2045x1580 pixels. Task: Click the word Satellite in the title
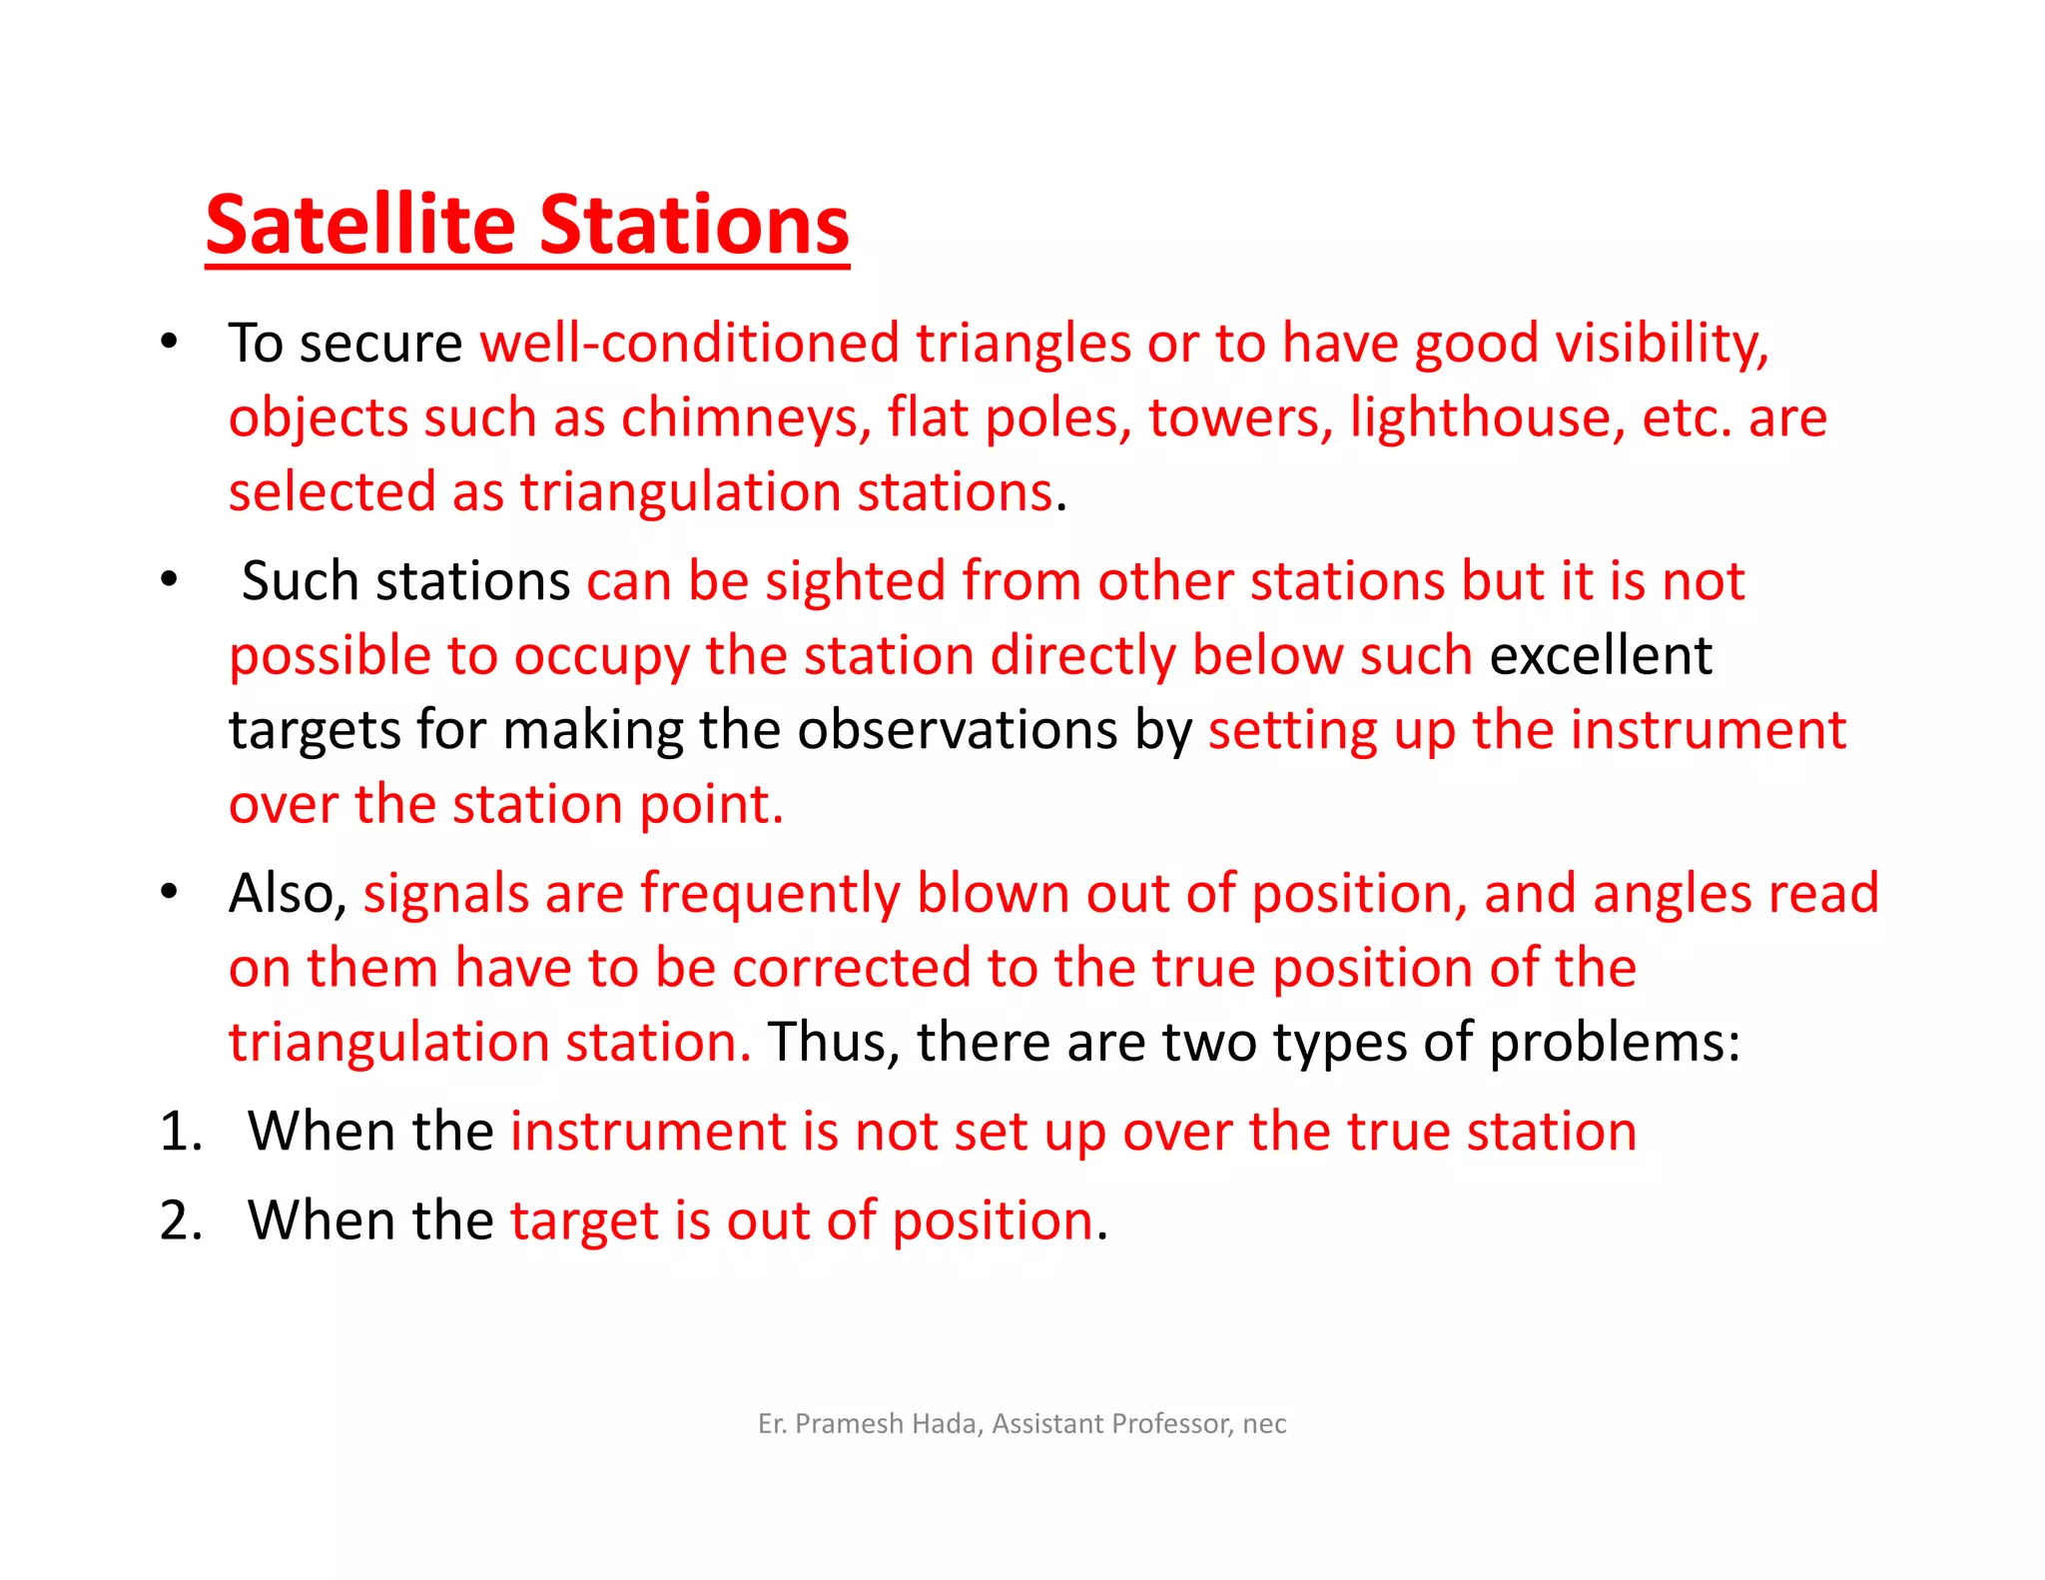pyautogui.click(x=360, y=225)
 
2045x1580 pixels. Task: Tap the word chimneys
pyautogui.click(x=740, y=417)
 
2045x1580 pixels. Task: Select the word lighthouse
pyautogui.click(x=1481, y=417)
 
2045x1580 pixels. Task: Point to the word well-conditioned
pyautogui.click(x=690, y=344)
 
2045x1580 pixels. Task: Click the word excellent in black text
pyautogui.click(x=1601, y=656)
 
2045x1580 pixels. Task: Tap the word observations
pyautogui.click(x=957, y=730)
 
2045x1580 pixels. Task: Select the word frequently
pyautogui.click(x=770, y=893)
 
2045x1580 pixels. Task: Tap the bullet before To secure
pyautogui.click(x=169, y=341)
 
